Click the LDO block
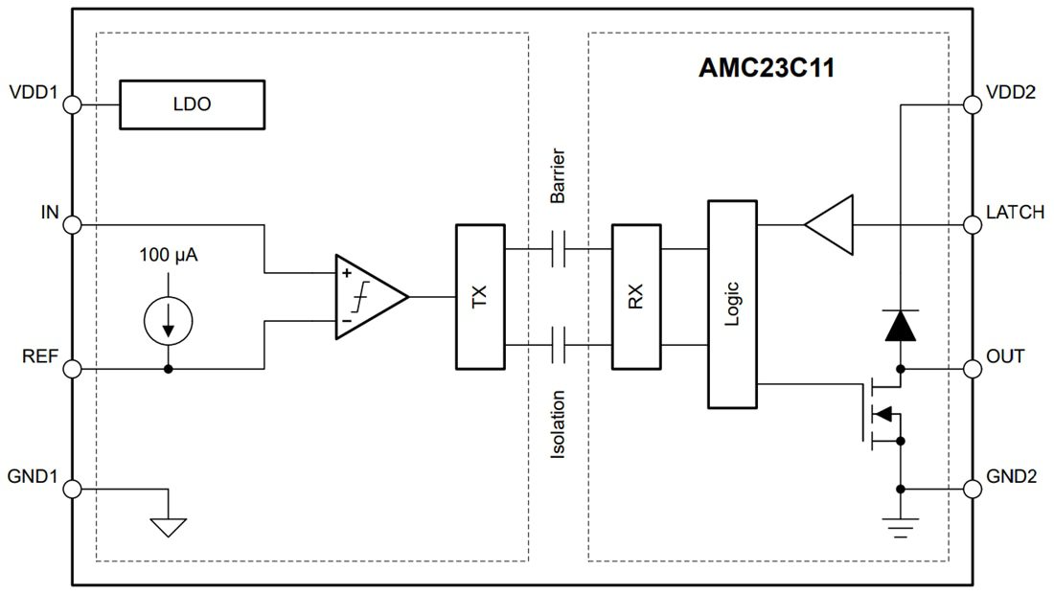click(x=191, y=104)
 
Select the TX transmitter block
click(x=479, y=297)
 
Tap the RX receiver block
click(x=635, y=297)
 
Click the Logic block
click(x=732, y=304)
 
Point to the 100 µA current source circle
click(x=169, y=320)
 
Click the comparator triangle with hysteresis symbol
click(x=370, y=297)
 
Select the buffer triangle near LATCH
click(x=831, y=225)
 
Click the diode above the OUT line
click(x=901, y=327)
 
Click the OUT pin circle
click(x=974, y=369)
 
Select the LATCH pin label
click(x=1016, y=213)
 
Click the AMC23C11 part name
click(x=766, y=69)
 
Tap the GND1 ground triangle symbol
click(x=169, y=526)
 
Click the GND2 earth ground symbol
click(x=901, y=525)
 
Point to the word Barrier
click(x=559, y=175)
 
